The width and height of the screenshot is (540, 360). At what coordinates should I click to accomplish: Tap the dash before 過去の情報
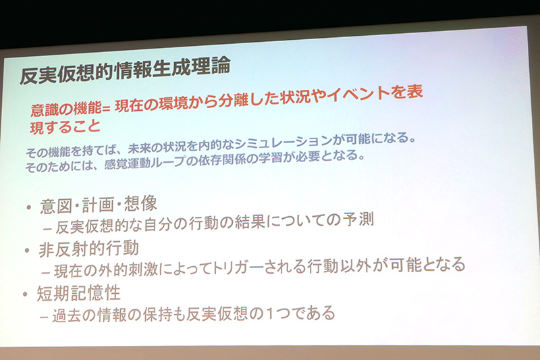(45, 315)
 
